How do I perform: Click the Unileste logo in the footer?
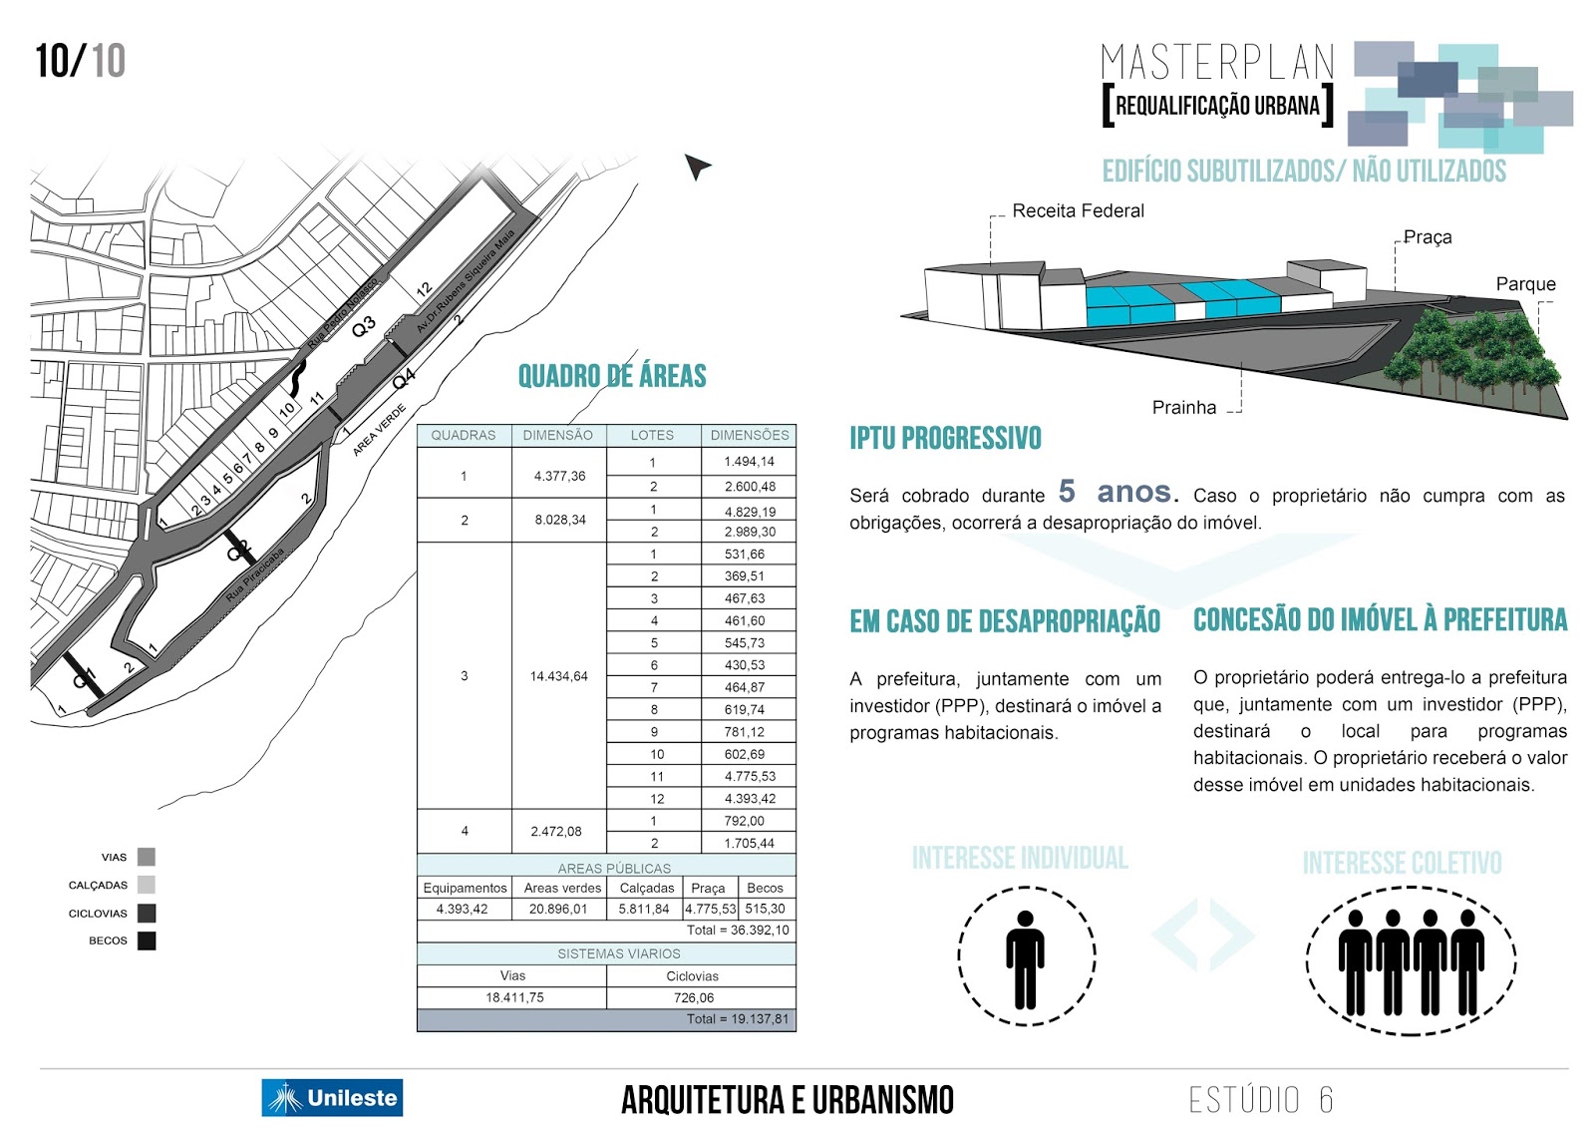[x=332, y=1097]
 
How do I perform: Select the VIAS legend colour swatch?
[x=147, y=857]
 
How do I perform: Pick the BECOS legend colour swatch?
[x=147, y=940]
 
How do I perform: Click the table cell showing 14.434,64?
[x=558, y=676]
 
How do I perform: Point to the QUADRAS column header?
[x=464, y=435]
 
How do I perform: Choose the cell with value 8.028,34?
[x=559, y=520]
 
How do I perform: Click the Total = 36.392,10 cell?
[x=737, y=931]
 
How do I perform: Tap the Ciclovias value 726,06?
[x=693, y=997]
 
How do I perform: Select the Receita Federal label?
[x=1078, y=210]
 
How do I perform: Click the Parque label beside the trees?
[x=1525, y=284]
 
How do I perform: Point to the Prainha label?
[x=1183, y=407]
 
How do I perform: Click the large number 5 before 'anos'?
[x=1067, y=491]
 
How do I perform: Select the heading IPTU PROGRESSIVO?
[x=945, y=438]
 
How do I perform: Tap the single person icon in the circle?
[x=1025, y=957]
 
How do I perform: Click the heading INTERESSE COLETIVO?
[x=1402, y=863]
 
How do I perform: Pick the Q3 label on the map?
[x=364, y=326]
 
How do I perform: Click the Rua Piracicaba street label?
[x=255, y=573]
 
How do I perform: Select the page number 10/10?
[x=80, y=61]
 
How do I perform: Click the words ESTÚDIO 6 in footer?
[x=1260, y=1099]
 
